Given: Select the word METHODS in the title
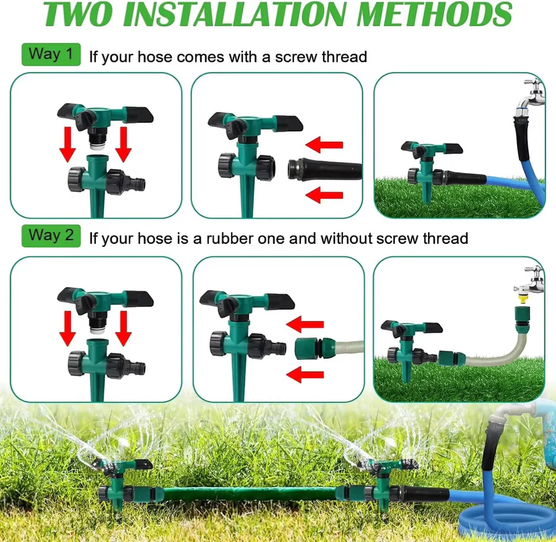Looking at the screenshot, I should coord(443,15).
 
